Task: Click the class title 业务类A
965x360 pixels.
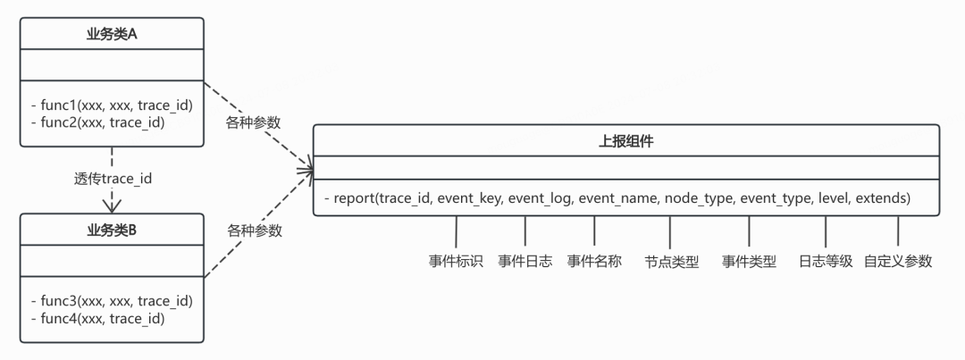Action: click(112, 35)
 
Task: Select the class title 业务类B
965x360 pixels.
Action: click(112, 230)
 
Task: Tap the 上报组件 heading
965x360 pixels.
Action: click(626, 142)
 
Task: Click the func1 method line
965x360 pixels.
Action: click(112, 105)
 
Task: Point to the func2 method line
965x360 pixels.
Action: click(98, 122)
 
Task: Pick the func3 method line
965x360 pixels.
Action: click(112, 302)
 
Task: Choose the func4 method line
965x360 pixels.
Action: click(98, 318)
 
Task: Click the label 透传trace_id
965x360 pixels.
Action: click(112, 179)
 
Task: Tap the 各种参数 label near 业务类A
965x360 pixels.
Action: click(254, 122)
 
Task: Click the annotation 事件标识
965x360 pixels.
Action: click(456, 261)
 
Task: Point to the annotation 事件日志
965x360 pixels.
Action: click(525, 261)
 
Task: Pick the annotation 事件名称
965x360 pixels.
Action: click(594, 261)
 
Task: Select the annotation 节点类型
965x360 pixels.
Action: click(671, 262)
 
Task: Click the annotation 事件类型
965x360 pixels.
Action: click(749, 262)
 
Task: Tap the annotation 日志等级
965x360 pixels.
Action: click(826, 261)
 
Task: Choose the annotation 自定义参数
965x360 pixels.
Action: click(898, 261)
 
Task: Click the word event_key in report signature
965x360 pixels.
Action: click(473, 198)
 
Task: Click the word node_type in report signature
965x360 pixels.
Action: click(699, 198)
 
